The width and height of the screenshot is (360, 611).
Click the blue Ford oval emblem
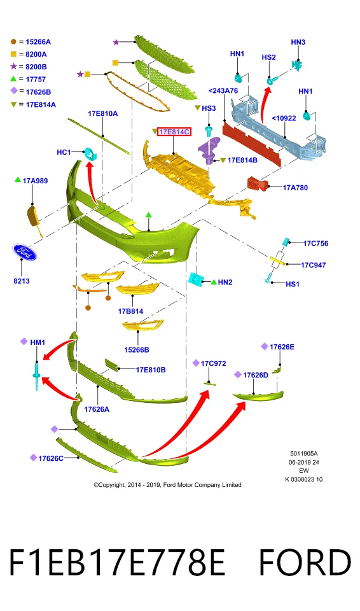(x=24, y=253)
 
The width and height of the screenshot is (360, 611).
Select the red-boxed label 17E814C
(x=174, y=132)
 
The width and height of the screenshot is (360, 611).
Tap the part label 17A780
(x=295, y=188)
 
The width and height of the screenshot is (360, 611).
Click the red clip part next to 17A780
(x=257, y=183)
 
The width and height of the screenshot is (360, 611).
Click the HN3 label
(x=298, y=42)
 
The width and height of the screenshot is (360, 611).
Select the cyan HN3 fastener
(x=297, y=66)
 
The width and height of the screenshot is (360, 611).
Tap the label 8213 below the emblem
(x=22, y=281)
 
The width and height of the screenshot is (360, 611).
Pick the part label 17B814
(x=130, y=311)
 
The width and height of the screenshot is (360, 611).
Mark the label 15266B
(x=136, y=350)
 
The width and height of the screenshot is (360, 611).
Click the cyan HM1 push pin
(x=37, y=376)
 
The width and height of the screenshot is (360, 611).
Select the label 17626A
(x=97, y=409)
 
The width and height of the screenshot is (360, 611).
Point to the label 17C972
(x=214, y=363)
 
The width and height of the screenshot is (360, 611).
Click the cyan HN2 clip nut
(x=195, y=278)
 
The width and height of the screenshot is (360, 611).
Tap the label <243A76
(x=223, y=91)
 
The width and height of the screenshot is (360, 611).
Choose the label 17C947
(x=313, y=265)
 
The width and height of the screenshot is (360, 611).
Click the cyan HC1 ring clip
(x=90, y=154)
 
